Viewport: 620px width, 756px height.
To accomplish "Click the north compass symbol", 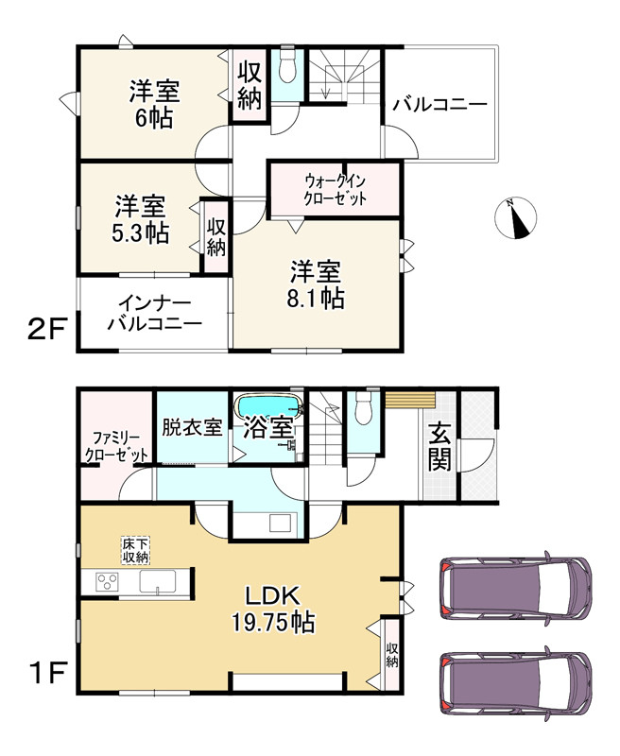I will pyautogui.click(x=515, y=218).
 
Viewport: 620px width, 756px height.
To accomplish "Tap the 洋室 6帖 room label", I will pyautogui.click(x=154, y=105).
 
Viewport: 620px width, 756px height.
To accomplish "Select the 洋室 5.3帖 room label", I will pyautogui.click(x=142, y=219).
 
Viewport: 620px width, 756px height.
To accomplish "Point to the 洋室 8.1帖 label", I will pyautogui.click(x=316, y=284).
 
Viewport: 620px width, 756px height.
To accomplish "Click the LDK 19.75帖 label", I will pyautogui.click(x=274, y=610).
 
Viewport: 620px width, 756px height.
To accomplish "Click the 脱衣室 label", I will pyautogui.click(x=192, y=427).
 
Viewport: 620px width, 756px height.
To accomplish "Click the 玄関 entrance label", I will pyautogui.click(x=439, y=446).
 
